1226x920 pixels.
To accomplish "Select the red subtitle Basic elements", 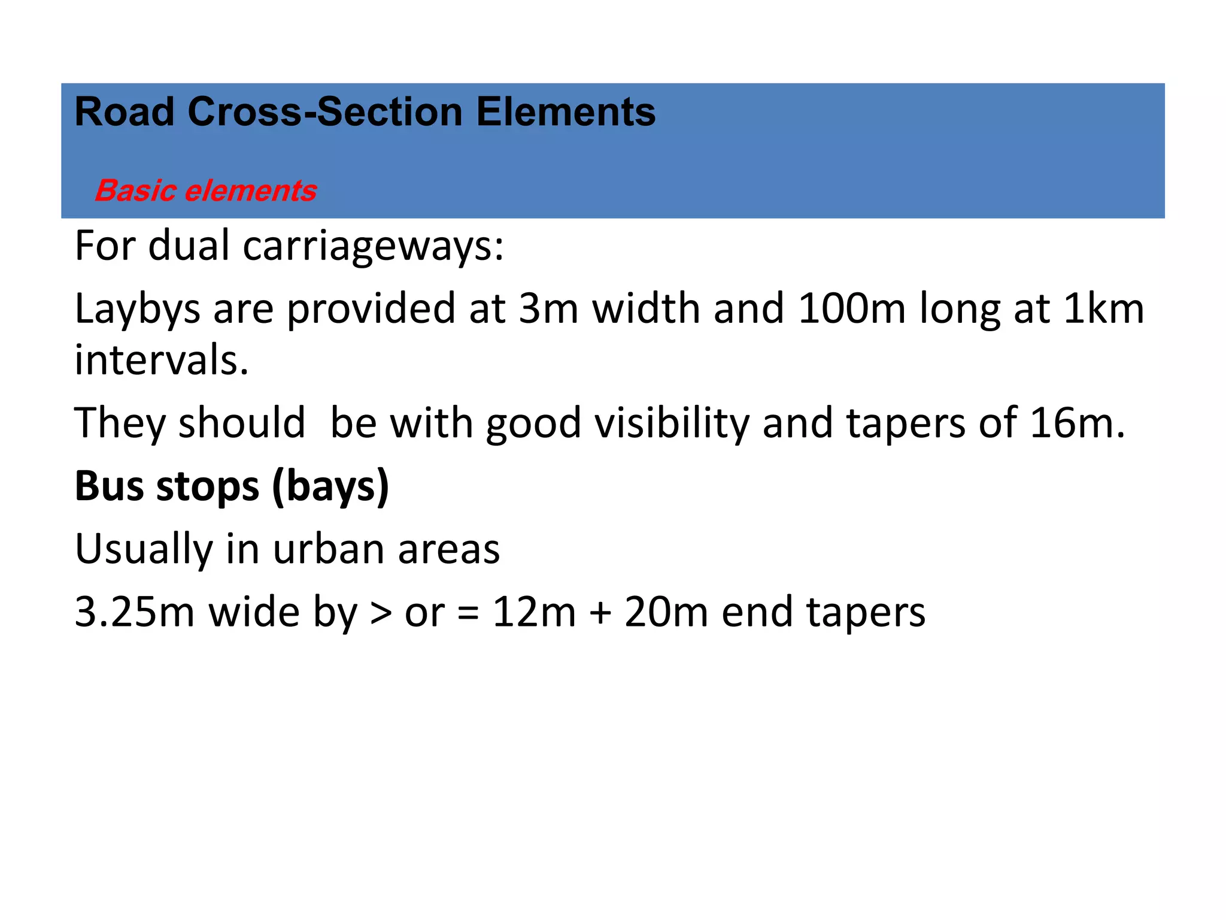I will point(205,190).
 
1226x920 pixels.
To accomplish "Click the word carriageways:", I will point(374,246).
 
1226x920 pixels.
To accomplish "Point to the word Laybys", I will point(137,310).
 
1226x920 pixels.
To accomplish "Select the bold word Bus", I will point(109,486).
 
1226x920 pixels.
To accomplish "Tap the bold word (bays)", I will point(330,487).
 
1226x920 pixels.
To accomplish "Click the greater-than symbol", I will point(381,613).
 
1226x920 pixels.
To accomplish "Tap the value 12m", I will point(534,612).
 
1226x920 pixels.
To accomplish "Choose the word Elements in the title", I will point(566,112).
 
